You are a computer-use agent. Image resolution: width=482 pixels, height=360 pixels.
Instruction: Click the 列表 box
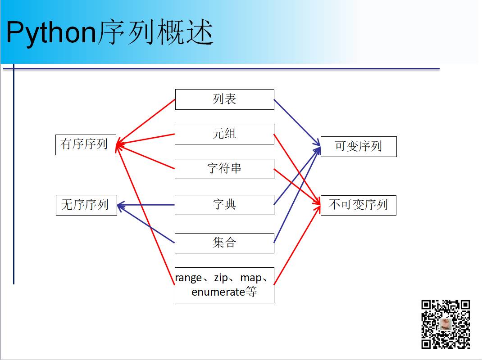[x=224, y=99]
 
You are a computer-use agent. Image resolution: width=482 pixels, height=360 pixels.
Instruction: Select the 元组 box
[x=224, y=134]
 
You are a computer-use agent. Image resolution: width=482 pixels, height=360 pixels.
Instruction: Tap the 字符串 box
[x=224, y=169]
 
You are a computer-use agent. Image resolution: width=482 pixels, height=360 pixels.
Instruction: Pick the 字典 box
[x=224, y=205]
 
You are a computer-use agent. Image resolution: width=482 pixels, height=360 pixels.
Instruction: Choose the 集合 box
[x=224, y=243]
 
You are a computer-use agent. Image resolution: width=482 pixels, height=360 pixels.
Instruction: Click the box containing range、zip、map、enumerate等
[x=224, y=284]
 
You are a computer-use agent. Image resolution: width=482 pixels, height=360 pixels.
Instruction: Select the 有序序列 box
[x=86, y=144]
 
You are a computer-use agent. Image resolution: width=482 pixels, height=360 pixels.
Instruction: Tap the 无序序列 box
[x=86, y=205]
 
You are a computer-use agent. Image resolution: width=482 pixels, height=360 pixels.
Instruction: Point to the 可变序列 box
[x=359, y=147]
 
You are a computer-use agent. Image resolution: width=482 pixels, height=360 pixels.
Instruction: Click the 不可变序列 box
[x=358, y=205]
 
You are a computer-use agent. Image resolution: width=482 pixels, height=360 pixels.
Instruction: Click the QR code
[x=446, y=324]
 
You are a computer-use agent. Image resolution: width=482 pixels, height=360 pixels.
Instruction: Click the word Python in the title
[x=51, y=33]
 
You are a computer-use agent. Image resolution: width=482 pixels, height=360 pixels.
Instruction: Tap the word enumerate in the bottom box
[x=218, y=292]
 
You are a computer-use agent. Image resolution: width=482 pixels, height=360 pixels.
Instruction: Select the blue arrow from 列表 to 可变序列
[x=297, y=123]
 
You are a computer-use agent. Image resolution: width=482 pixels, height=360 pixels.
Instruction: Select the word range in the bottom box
[x=189, y=278]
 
